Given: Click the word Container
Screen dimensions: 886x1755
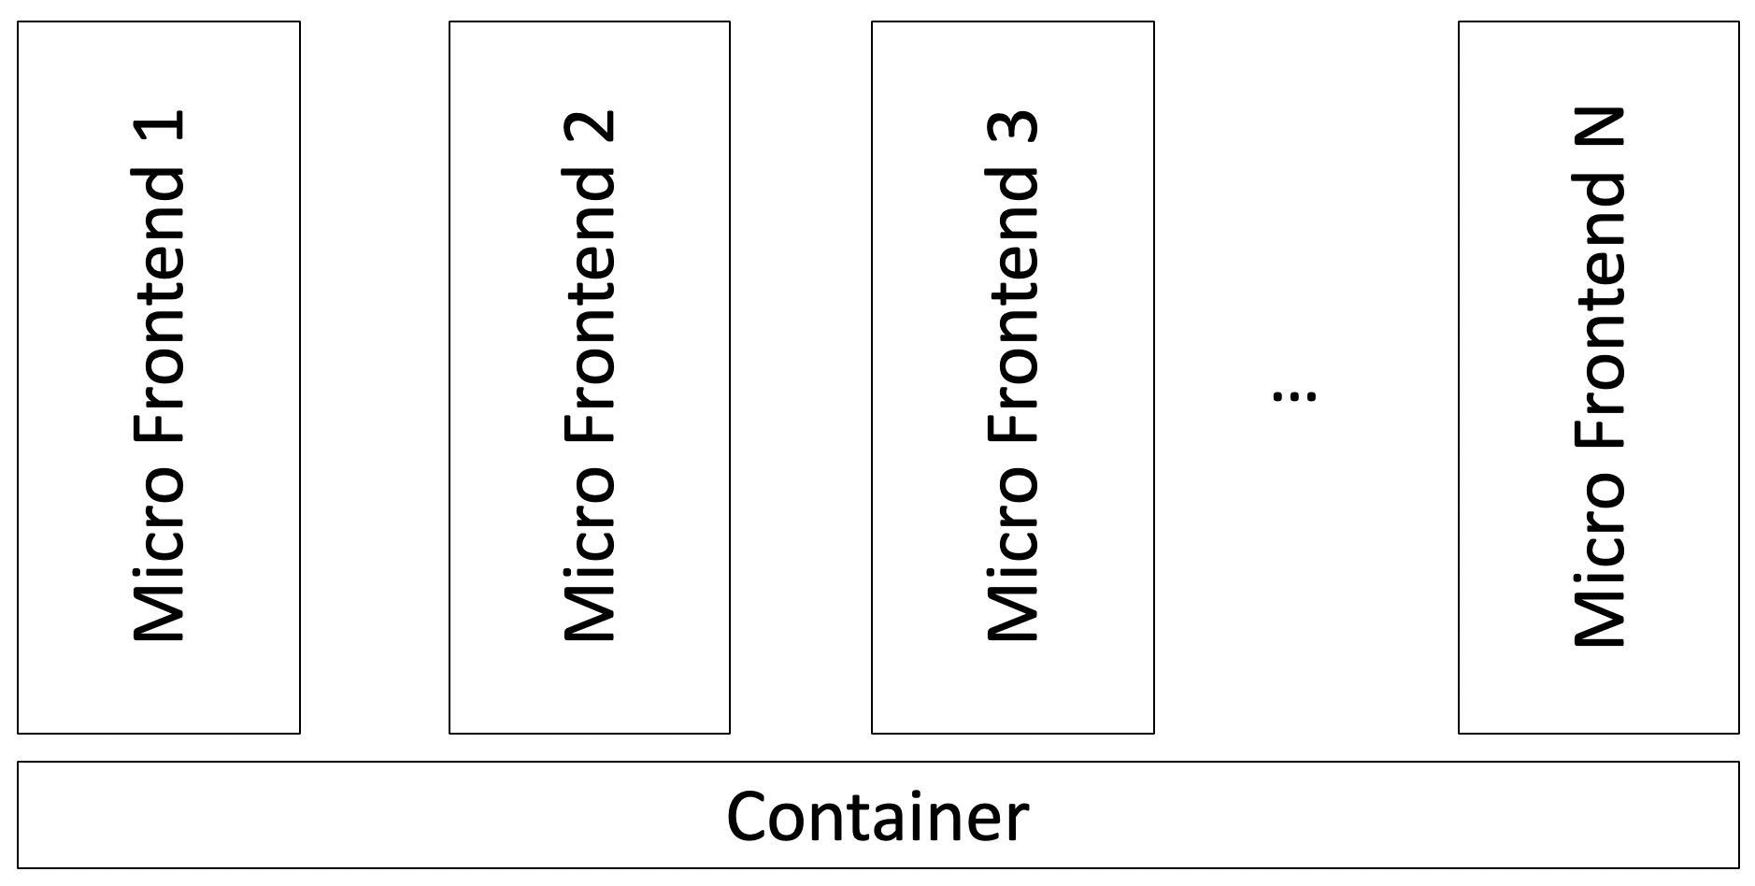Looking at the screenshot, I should coord(877,817).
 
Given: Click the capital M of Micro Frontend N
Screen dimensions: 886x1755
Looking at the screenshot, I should coord(1600,613).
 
